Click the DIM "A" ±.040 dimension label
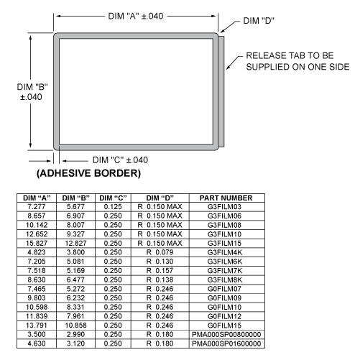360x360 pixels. pyautogui.click(x=136, y=17)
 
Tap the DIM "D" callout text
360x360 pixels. pyautogui.click(x=259, y=21)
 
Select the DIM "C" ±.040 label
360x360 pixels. pyautogui.click(x=120, y=160)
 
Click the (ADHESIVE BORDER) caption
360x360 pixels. pyautogui.click(x=88, y=173)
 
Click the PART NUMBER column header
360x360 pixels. pyautogui.click(x=226, y=198)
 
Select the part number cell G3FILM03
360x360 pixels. pyautogui.click(x=224, y=207)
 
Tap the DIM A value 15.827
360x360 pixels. pyautogui.click(x=37, y=244)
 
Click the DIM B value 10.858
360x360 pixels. pyautogui.click(x=75, y=326)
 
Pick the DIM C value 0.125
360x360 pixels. pyautogui.click(x=113, y=207)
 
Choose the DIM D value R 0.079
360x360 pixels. pyautogui.click(x=160, y=252)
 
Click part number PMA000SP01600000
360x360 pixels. pyautogui.click(x=226, y=343)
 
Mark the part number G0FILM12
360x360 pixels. pyautogui.click(x=224, y=316)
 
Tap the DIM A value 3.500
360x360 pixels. pyautogui.click(x=37, y=335)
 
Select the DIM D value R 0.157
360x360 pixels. pyautogui.click(x=160, y=271)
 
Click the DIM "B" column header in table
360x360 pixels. pyautogui.click(x=75, y=198)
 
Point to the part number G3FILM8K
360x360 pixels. pyautogui.click(x=225, y=280)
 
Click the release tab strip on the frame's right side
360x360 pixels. pyautogui.click(x=221, y=91)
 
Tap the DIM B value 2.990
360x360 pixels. pyautogui.click(x=75, y=335)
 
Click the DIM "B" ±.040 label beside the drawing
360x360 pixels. pyautogui.click(x=32, y=92)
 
